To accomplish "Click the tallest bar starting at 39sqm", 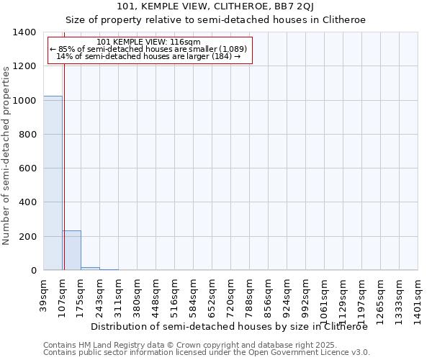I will [x=53, y=183].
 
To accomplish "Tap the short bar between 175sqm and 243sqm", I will [x=90, y=269].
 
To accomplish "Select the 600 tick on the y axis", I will [x=28, y=168].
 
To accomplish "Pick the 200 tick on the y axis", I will [x=28, y=237].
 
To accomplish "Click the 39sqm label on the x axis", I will [x=43, y=296].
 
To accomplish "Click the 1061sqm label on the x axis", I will [x=324, y=300].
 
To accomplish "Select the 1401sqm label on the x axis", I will [x=418, y=300].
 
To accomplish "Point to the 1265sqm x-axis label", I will [x=380, y=300].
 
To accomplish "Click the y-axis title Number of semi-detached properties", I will [x=6, y=155].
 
